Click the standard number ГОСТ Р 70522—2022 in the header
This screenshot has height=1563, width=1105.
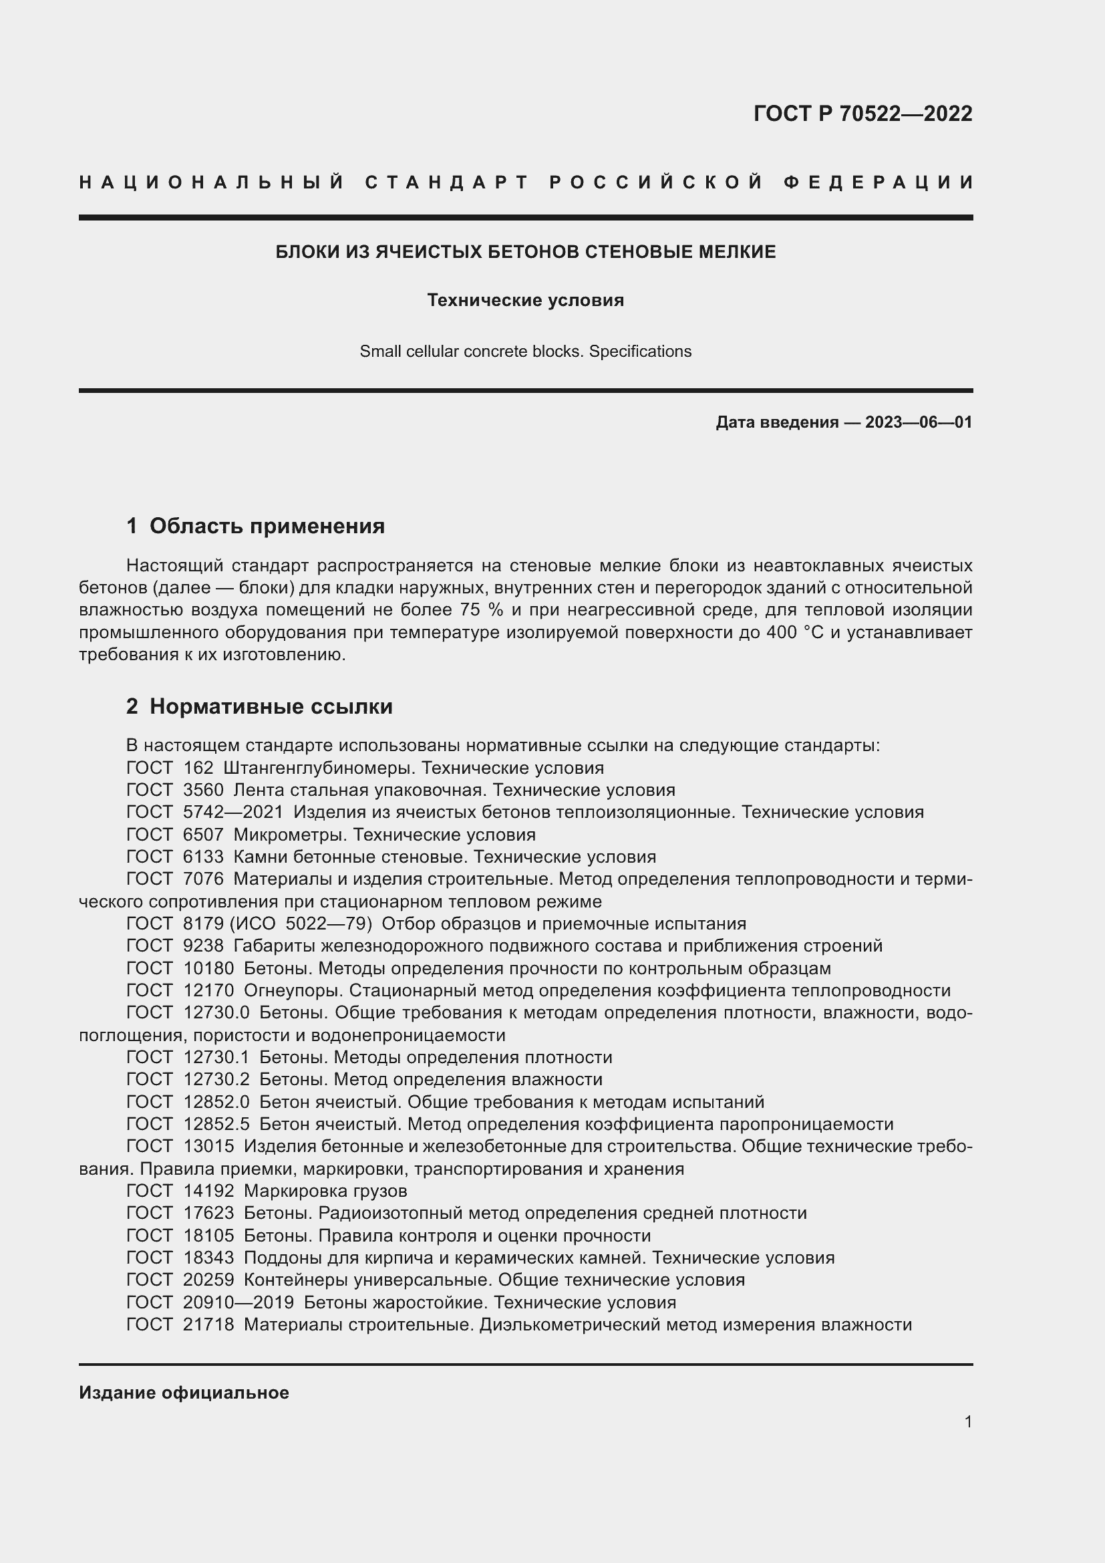point(862,114)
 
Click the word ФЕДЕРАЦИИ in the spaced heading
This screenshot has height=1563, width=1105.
point(878,182)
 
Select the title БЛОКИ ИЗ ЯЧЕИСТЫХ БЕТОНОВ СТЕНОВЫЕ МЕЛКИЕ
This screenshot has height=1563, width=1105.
point(525,252)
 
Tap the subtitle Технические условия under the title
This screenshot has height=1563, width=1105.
point(525,300)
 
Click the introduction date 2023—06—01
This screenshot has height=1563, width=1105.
point(918,422)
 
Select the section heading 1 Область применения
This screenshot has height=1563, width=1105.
point(256,525)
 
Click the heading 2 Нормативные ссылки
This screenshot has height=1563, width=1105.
point(259,706)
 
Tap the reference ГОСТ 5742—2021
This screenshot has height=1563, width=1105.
point(210,812)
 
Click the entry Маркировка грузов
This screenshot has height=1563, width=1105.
point(325,1191)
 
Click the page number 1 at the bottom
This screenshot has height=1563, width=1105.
point(967,1421)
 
